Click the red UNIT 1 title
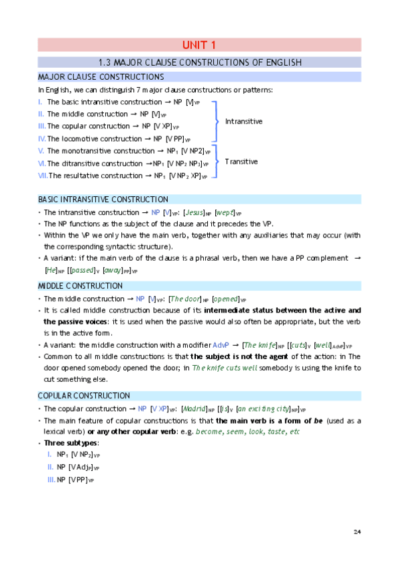[x=199, y=45]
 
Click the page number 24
[x=357, y=531]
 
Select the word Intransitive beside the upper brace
[x=244, y=122]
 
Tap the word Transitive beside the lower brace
[x=241, y=162]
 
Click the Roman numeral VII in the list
[x=43, y=176]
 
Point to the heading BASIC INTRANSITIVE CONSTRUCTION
[x=103, y=200]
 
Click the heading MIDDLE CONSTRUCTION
[x=79, y=286]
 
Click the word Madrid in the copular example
[x=194, y=409]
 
